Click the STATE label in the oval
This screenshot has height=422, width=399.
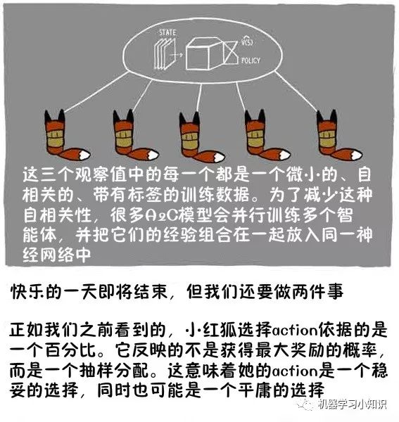167,33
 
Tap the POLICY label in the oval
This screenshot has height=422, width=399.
251,60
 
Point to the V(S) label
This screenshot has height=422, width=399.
248,41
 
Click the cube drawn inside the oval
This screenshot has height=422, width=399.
203,53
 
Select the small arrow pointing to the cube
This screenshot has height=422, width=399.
178,55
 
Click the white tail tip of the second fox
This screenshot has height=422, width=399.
153,155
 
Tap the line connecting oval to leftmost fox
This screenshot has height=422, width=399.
96,91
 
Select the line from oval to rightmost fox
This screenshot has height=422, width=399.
296,91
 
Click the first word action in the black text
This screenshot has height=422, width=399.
295,331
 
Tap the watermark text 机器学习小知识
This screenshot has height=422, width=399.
352,404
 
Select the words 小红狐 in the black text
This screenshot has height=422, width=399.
212,330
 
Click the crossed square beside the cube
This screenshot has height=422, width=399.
230,52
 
